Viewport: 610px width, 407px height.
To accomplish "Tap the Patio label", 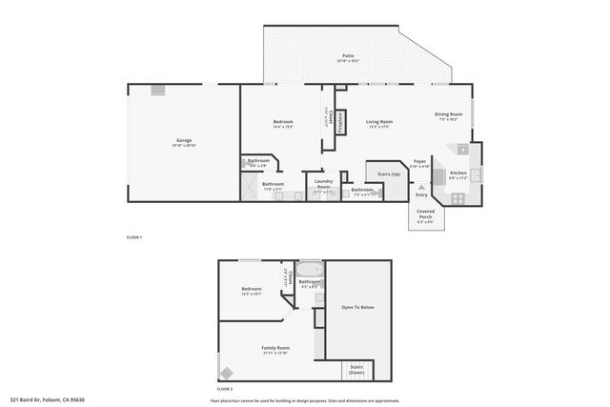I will tap(349, 57).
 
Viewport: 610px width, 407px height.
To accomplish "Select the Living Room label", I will tap(379, 122).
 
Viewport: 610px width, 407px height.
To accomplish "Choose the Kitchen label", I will tap(457, 173).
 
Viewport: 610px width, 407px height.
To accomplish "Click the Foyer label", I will tap(419, 162).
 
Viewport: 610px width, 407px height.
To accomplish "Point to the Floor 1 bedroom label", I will tap(283, 122).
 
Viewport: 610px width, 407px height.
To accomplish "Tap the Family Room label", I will tap(276, 349).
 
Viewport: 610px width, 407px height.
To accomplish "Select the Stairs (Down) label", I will tap(356, 370).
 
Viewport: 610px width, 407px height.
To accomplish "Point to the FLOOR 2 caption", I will tap(225, 389).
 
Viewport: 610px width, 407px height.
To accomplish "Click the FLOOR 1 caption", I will tap(133, 235).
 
